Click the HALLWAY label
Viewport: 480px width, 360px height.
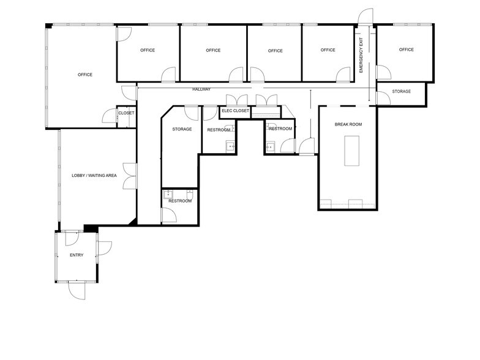tap(201, 89)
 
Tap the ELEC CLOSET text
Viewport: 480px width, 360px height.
tap(235, 111)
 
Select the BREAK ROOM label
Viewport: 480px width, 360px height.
tap(348, 124)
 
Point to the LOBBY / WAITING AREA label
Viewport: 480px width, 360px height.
tap(94, 176)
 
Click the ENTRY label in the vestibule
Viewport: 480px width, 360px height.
tap(77, 255)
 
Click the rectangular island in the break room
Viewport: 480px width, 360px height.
tap(352, 151)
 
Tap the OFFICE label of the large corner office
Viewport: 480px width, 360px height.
tap(85, 75)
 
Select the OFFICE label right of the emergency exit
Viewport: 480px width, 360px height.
tap(406, 50)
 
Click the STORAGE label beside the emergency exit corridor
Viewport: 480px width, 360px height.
tap(401, 91)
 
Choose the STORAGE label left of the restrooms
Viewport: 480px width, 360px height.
tap(182, 129)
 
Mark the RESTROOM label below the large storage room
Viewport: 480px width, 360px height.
tap(180, 201)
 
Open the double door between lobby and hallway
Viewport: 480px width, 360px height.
tap(129, 176)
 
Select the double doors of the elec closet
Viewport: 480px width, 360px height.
tap(236, 100)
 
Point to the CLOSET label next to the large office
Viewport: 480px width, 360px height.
tap(126, 113)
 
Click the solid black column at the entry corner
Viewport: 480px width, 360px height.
tap(91, 228)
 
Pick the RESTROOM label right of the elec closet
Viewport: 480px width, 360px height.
tap(280, 129)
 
